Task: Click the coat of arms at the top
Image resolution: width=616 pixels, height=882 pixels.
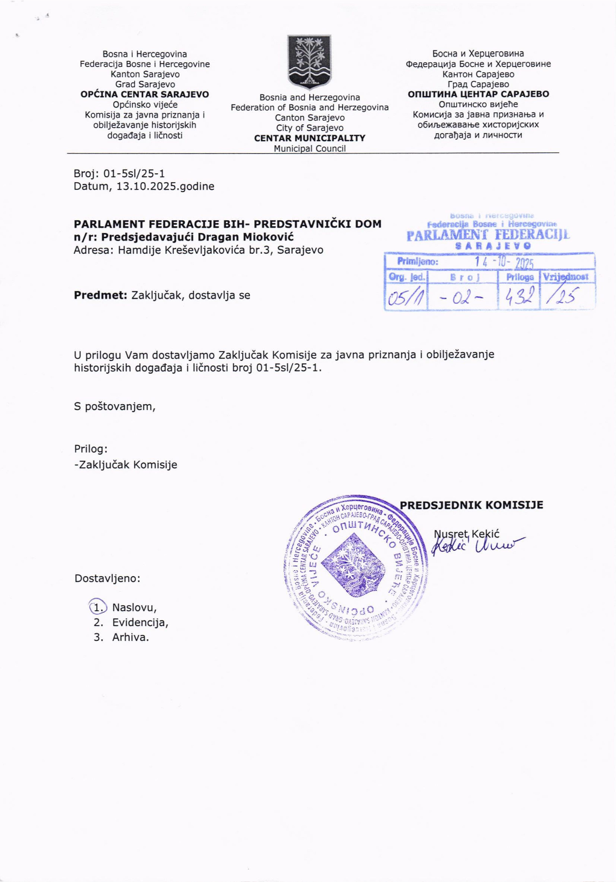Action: click(x=309, y=61)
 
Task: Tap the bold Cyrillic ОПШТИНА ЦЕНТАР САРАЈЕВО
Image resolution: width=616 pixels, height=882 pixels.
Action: click(x=478, y=94)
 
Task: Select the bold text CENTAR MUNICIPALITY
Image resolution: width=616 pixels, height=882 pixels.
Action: click(x=309, y=138)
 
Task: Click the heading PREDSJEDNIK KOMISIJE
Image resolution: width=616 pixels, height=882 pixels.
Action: click(x=471, y=505)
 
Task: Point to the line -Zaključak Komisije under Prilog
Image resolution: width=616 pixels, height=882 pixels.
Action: click(x=126, y=465)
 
